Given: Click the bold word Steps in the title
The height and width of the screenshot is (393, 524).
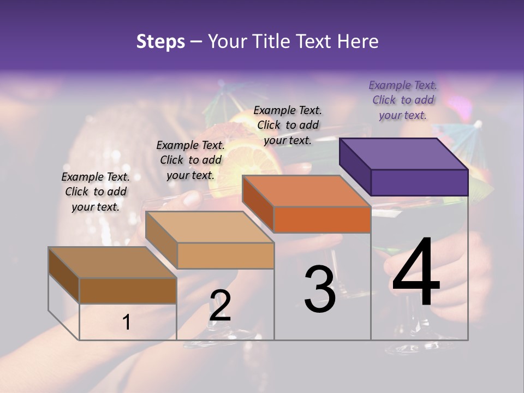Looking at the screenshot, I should (160, 41).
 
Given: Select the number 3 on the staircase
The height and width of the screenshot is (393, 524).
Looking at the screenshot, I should (320, 289).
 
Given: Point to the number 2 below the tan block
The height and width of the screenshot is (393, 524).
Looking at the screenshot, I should (220, 306).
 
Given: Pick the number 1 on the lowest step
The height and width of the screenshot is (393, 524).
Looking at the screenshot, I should (127, 322).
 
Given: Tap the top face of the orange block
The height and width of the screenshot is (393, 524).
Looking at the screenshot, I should (306, 191).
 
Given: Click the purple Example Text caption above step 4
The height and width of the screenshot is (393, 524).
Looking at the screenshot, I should (403, 100).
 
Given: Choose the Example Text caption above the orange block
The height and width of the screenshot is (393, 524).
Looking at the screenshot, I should (288, 125).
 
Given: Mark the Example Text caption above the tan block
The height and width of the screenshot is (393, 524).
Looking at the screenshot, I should (190, 160).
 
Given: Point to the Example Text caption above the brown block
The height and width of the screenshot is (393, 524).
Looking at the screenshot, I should (96, 192).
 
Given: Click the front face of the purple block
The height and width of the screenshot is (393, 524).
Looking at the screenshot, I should (419, 182).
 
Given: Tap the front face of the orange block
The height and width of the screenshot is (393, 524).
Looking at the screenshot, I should (322, 219).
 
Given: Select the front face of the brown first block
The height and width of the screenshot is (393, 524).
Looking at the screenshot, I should (128, 290).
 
